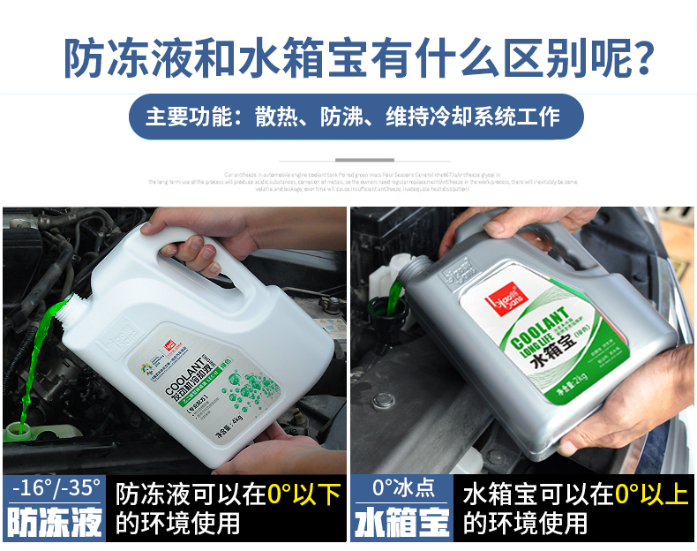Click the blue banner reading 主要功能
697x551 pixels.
[x=356, y=117]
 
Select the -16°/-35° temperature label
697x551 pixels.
[x=54, y=487]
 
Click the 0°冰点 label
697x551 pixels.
[x=402, y=487]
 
